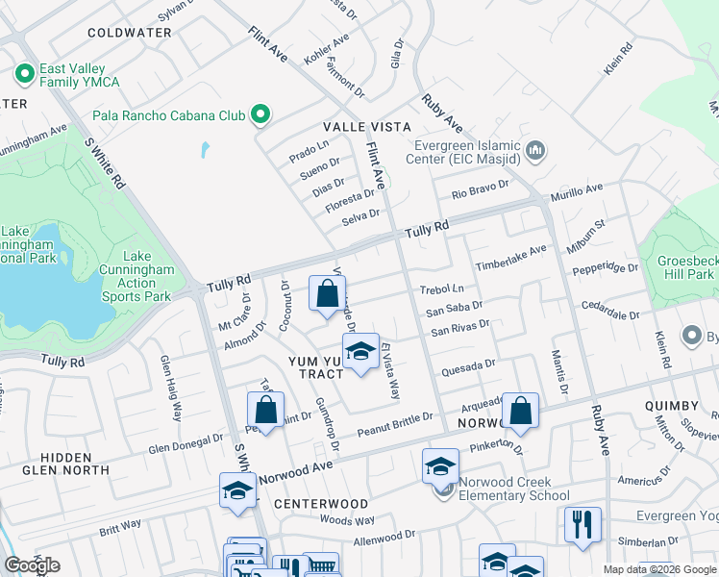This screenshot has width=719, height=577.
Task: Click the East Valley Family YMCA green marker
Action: pos(23,73)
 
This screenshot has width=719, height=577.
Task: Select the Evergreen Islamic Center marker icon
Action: pos(535,151)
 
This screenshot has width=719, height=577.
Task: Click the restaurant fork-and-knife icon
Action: pos(583,525)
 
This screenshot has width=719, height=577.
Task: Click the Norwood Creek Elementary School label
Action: pos(513,489)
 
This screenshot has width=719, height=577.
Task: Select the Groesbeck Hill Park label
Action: pos(685,267)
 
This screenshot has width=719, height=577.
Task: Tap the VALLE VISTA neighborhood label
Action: pos(366,127)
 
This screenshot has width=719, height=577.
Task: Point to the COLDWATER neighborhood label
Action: pos(129,33)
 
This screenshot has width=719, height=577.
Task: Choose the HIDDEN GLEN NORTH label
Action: pos(66,464)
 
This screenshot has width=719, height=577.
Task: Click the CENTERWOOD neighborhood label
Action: pos(320,504)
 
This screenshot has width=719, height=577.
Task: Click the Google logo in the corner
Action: pos(32,565)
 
